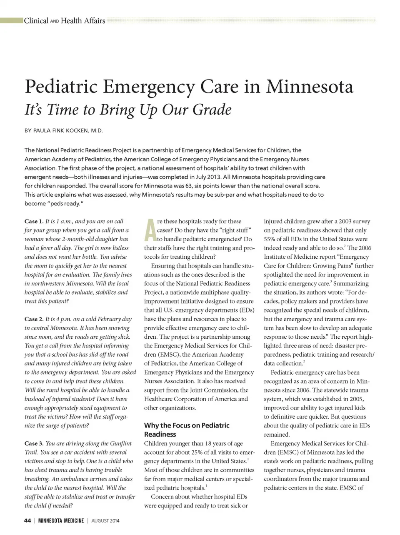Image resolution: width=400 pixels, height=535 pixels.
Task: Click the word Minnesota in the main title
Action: click(310, 87)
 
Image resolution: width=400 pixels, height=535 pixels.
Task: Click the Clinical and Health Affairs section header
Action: click(64, 21)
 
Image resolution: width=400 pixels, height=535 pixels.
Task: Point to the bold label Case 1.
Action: click(34, 221)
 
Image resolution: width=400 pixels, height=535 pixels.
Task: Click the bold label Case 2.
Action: click(34, 319)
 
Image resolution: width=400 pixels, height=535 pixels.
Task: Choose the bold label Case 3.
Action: click(34, 443)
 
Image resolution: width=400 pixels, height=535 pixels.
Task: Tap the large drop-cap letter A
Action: click(150, 230)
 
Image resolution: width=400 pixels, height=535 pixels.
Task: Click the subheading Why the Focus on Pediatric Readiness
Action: click(186, 430)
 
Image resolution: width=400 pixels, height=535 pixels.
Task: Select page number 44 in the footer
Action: click(27, 520)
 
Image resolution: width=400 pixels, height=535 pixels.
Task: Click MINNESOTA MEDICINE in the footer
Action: click(61, 520)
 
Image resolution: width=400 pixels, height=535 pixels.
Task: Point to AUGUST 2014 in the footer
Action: click(105, 520)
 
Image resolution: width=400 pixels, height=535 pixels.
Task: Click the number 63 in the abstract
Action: click(190, 185)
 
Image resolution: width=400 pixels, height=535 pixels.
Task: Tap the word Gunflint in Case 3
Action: click(121, 443)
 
